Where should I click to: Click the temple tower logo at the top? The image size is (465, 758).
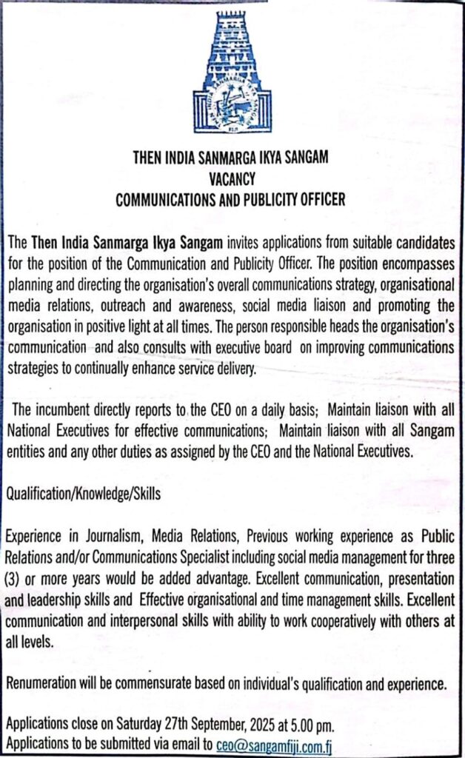pyautogui.click(x=232, y=70)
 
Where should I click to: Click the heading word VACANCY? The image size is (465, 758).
pyautogui.click(x=232, y=178)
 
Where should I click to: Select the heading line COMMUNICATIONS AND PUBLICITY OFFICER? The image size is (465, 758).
pyautogui.click(x=232, y=199)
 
